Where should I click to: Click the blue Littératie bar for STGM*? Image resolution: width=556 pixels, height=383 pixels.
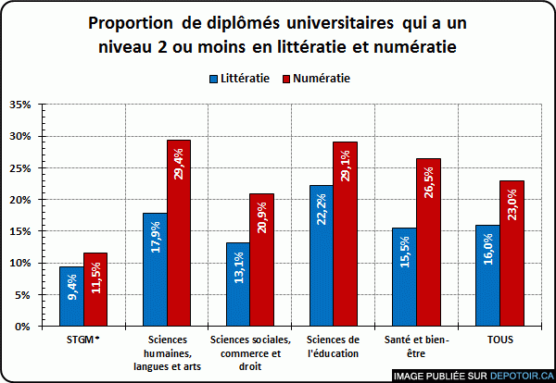click(71, 296)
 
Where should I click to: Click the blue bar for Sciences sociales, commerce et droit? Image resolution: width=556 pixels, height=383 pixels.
click(237, 285)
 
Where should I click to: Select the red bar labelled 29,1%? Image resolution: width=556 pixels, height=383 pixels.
click(345, 234)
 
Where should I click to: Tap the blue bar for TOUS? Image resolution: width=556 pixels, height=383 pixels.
click(487, 276)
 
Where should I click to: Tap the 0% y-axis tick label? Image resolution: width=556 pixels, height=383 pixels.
click(25, 327)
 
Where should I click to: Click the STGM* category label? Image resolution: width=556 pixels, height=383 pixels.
click(83, 340)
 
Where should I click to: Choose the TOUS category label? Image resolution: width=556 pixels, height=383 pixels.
click(499, 340)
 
